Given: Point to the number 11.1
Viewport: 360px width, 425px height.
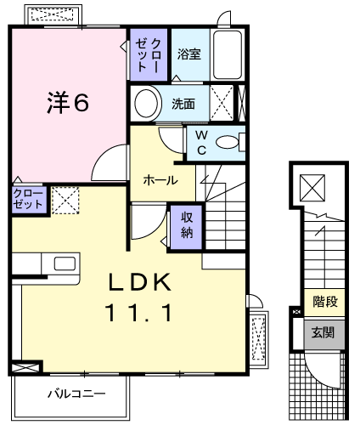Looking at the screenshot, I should click(139, 313).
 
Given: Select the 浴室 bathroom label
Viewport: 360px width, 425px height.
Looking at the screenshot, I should click(188, 54).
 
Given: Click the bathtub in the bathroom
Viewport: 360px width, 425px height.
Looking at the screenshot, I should click(228, 56).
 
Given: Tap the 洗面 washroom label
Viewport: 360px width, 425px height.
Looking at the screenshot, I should click(183, 105).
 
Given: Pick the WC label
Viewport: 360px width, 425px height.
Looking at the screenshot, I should click(202, 144).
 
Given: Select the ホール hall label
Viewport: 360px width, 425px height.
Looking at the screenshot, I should click(160, 180).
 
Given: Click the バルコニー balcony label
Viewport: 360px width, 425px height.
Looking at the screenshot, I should click(76, 394).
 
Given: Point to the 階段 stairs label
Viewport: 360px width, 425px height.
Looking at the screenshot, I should click(323, 302).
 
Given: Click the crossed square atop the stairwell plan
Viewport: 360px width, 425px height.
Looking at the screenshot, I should click(312, 185).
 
